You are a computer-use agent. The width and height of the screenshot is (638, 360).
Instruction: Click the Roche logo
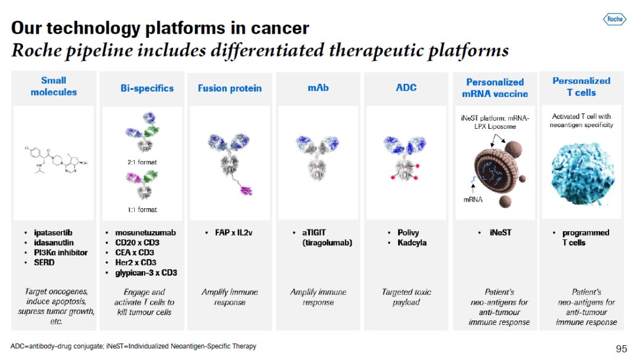614,19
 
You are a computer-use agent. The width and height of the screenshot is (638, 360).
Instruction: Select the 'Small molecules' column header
54,86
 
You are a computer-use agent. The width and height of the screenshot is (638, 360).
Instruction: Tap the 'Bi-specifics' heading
147,88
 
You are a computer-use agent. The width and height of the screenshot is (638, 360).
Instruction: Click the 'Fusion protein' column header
229,88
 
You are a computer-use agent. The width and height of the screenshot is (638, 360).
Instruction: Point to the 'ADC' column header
406,87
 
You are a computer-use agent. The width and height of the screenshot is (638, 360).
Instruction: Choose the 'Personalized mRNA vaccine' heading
495,88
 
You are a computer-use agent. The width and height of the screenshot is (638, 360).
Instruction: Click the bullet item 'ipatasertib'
53,232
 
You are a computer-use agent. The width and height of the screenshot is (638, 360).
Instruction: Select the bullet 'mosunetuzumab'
145,232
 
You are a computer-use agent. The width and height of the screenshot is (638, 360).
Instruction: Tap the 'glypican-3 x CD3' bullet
146,273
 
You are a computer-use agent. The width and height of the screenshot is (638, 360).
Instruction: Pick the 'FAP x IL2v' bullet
233,232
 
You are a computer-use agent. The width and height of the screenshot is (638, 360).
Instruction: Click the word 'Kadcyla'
412,243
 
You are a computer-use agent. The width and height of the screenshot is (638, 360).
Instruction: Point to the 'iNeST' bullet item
500,232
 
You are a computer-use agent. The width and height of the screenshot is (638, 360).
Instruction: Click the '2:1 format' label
142,162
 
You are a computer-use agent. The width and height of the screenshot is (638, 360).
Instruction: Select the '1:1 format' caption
142,210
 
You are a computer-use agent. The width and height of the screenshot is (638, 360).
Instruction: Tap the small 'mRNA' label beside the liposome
473,200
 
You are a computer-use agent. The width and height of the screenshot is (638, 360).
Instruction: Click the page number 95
621,349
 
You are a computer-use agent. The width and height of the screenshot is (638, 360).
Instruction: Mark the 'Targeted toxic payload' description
406,297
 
